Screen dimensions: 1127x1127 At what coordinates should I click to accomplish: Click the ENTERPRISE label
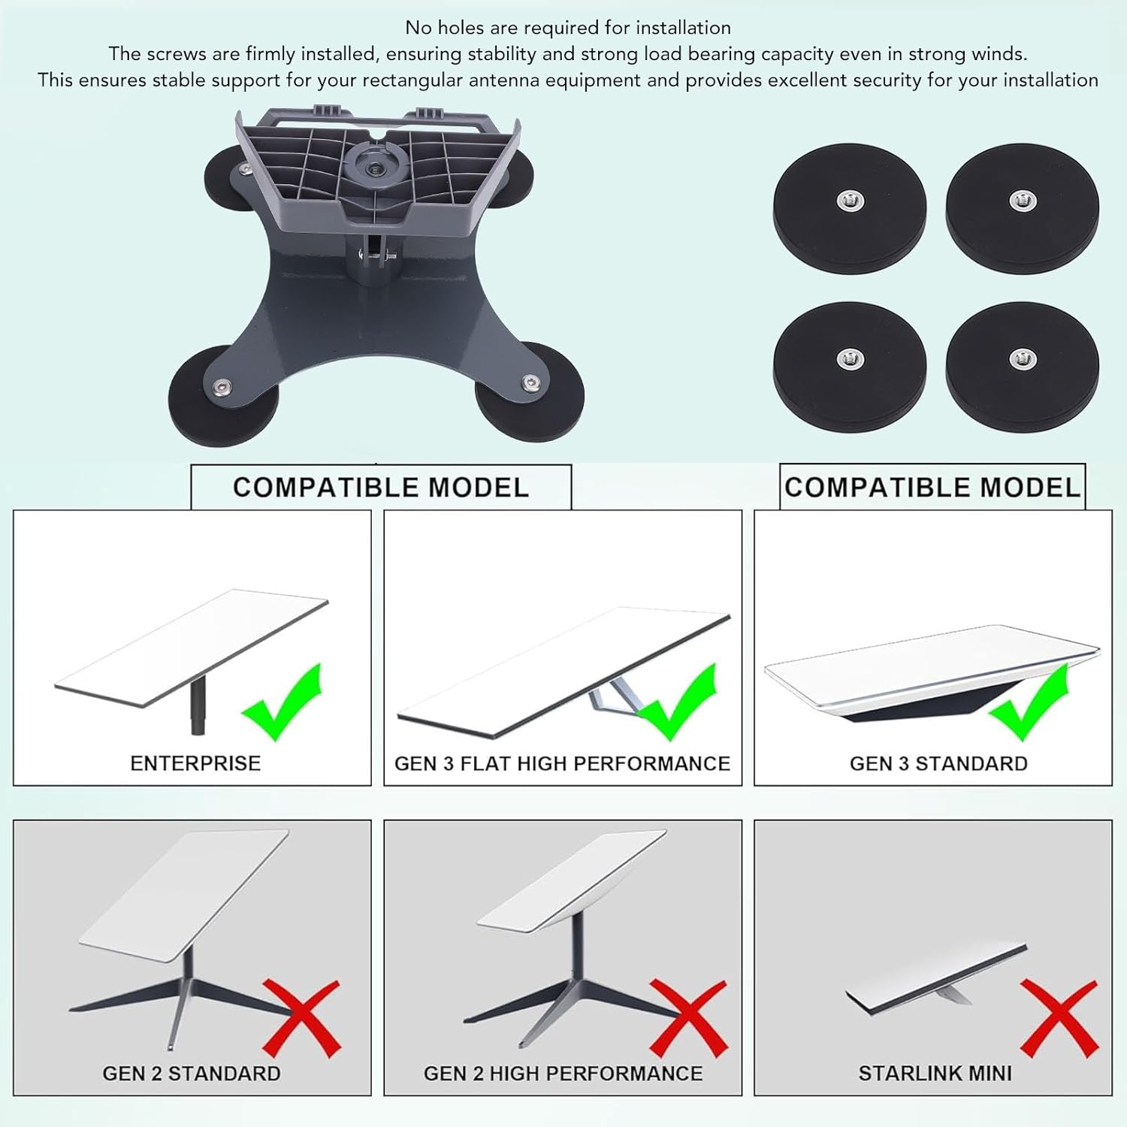(195, 763)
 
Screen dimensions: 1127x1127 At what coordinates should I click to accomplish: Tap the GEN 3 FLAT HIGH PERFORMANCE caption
(562, 763)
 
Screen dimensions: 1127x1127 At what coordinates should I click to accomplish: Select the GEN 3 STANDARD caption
(938, 763)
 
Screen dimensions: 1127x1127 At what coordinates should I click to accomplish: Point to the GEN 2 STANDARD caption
(192, 1074)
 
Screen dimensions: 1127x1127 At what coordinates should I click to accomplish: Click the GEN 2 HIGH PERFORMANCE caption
(563, 1074)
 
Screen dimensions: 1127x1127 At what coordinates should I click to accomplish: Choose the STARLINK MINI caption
(935, 1074)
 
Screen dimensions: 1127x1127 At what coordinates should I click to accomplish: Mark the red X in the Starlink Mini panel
(1059, 1017)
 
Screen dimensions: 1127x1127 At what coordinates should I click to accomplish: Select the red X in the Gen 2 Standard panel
(301, 1019)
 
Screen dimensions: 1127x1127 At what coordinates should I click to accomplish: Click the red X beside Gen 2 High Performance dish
(687, 1019)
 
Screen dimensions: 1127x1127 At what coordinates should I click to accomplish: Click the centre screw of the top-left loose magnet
(849, 201)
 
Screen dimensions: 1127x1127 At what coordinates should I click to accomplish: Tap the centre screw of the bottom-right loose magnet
(1020, 358)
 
